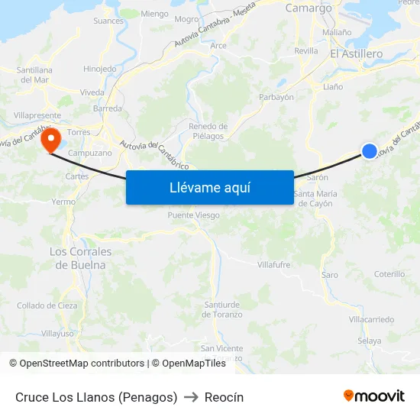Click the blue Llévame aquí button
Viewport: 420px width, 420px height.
tap(209, 187)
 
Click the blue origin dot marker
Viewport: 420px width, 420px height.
tap(369, 151)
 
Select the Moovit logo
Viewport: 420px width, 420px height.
tap(373, 396)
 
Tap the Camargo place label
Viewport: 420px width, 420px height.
tap(309, 8)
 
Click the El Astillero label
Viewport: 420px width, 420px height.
tap(356, 54)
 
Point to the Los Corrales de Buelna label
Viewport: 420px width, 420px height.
tap(80, 258)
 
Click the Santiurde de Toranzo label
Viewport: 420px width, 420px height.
tap(222, 309)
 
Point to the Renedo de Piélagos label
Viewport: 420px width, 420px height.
tap(208, 131)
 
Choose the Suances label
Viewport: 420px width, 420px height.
tap(108, 21)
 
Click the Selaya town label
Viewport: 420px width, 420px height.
tap(369, 341)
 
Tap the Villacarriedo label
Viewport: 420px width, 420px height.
tap(371, 318)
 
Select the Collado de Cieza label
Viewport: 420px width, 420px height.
tap(47, 305)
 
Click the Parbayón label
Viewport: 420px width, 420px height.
tap(276, 97)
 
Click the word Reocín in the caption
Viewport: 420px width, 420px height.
tap(224, 397)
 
